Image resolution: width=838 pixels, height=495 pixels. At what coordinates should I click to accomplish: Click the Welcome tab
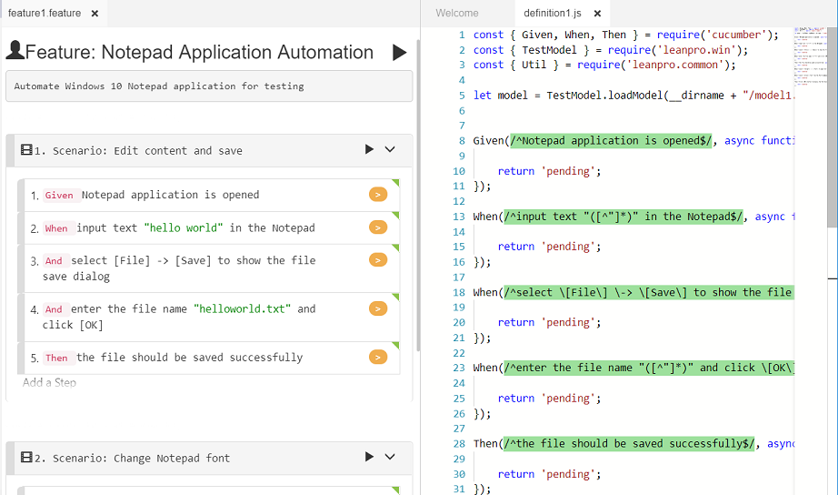[457, 14]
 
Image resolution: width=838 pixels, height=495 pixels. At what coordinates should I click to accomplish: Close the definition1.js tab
[597, 14]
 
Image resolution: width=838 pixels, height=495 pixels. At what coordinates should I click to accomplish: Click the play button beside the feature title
[399, 53]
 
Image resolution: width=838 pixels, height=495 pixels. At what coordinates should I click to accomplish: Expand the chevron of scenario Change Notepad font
[391, 457]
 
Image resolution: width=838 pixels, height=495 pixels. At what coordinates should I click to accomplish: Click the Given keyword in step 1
[59, 195]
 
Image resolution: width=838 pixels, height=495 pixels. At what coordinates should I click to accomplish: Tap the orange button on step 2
[378, 227]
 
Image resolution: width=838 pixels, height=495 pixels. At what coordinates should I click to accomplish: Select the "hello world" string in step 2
[181, 227]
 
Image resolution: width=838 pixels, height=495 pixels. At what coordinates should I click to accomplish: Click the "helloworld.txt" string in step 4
[242, 308]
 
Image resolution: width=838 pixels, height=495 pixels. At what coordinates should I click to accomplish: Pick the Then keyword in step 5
[56, 358]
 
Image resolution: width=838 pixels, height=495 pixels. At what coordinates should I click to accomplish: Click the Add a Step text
[49, 382]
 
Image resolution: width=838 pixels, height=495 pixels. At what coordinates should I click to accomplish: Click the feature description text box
[209, 86]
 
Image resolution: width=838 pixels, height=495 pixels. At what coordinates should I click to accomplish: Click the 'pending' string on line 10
[571, 171]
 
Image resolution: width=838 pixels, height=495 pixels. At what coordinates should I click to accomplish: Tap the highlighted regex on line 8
[611, 141]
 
